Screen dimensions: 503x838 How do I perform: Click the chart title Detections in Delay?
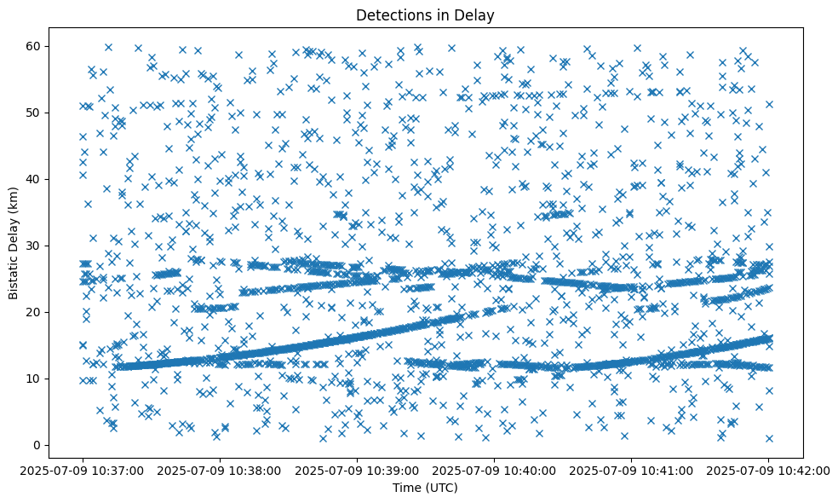pos(425,14)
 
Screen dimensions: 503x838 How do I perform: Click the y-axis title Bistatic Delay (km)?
pos(14,240)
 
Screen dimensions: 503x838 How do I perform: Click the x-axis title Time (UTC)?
pos(425,488)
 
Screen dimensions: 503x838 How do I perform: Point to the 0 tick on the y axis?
pos(36,445)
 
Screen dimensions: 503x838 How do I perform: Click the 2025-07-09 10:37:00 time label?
pos(83,469)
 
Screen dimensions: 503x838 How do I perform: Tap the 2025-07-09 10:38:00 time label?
pos(220,469)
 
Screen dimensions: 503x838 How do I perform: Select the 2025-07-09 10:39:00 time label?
pos(357,469)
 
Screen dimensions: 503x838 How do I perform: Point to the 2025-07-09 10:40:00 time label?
pos(494,469)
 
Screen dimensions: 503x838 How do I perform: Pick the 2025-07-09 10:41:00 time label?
pos(631,469)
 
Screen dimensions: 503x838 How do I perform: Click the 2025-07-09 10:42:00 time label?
pos(768,469)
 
